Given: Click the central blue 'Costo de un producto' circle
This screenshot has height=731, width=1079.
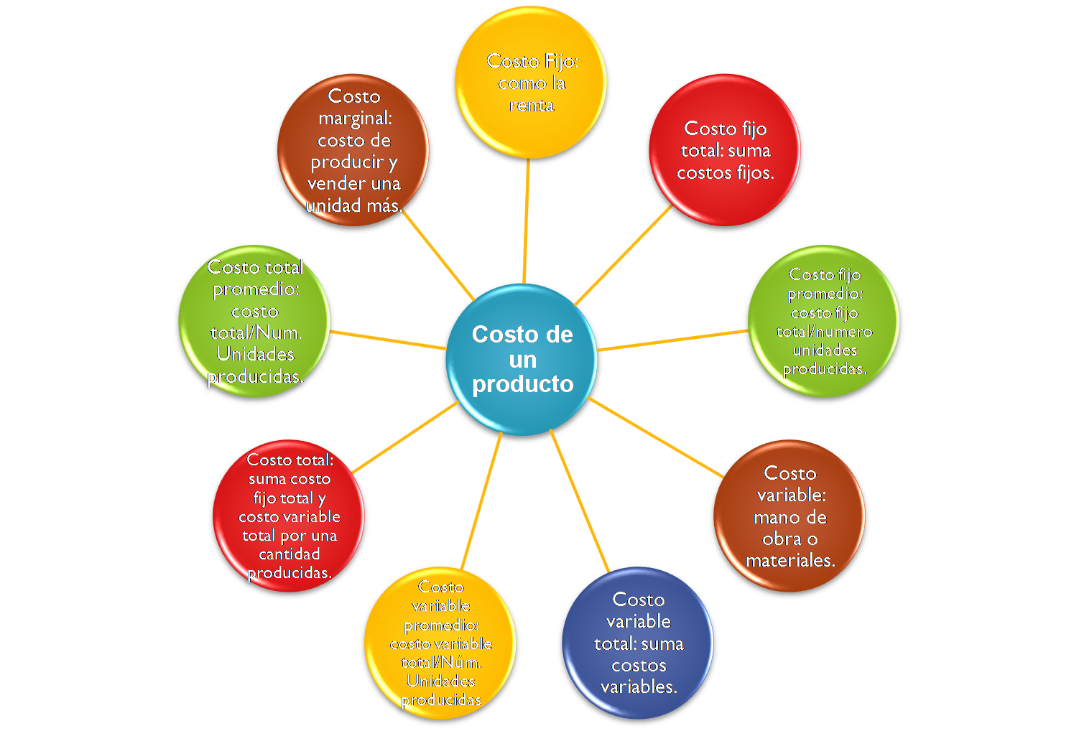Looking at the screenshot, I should point(522,359).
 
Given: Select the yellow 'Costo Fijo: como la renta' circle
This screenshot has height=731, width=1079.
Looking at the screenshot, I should point(532,82).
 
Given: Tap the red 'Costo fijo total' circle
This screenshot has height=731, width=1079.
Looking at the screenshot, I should point(725,150).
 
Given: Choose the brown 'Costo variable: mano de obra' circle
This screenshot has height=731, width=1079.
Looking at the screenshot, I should point(790,516).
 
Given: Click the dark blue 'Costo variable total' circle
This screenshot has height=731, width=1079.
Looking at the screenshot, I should point(639,643).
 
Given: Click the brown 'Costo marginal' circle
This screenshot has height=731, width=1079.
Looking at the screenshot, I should point(353,150).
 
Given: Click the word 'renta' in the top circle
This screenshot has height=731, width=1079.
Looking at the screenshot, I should point(532,105).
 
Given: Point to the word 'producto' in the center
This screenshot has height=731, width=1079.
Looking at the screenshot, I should point(522,384).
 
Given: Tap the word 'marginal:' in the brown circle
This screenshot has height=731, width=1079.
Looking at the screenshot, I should point(355,118).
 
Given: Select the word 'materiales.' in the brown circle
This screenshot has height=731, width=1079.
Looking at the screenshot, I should point(790,560).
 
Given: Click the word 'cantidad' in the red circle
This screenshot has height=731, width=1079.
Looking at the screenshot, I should point(289,554).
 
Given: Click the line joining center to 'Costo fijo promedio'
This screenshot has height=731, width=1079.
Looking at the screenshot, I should point(672,340).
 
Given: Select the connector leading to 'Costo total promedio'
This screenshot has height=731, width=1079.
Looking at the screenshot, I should point(388,340).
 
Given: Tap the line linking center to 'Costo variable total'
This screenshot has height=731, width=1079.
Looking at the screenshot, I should point(579,499).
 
